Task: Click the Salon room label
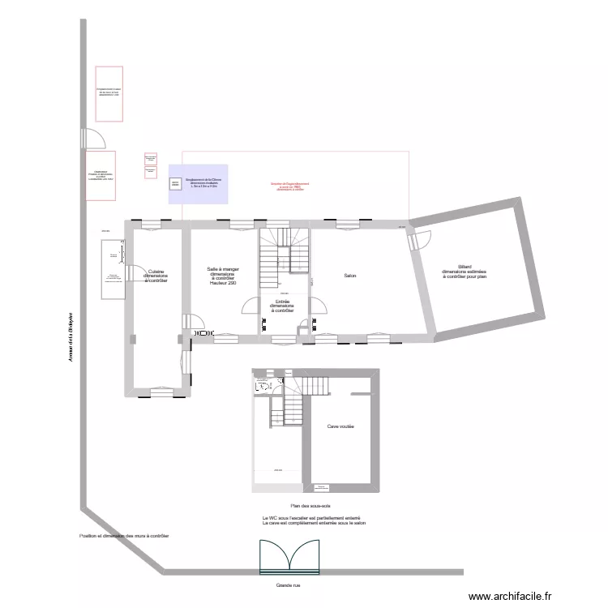click(x=350, y=276)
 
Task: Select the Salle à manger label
click(x=222, y=276)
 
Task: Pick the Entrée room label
click(x=283, y=306)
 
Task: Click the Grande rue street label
click(x=288, y=584)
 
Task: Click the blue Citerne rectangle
click(x=198, y=184)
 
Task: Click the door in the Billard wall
click(x=422, y=240)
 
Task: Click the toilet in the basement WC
click(x=262, y=387)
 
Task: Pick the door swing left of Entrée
click(x=251, y=307)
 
